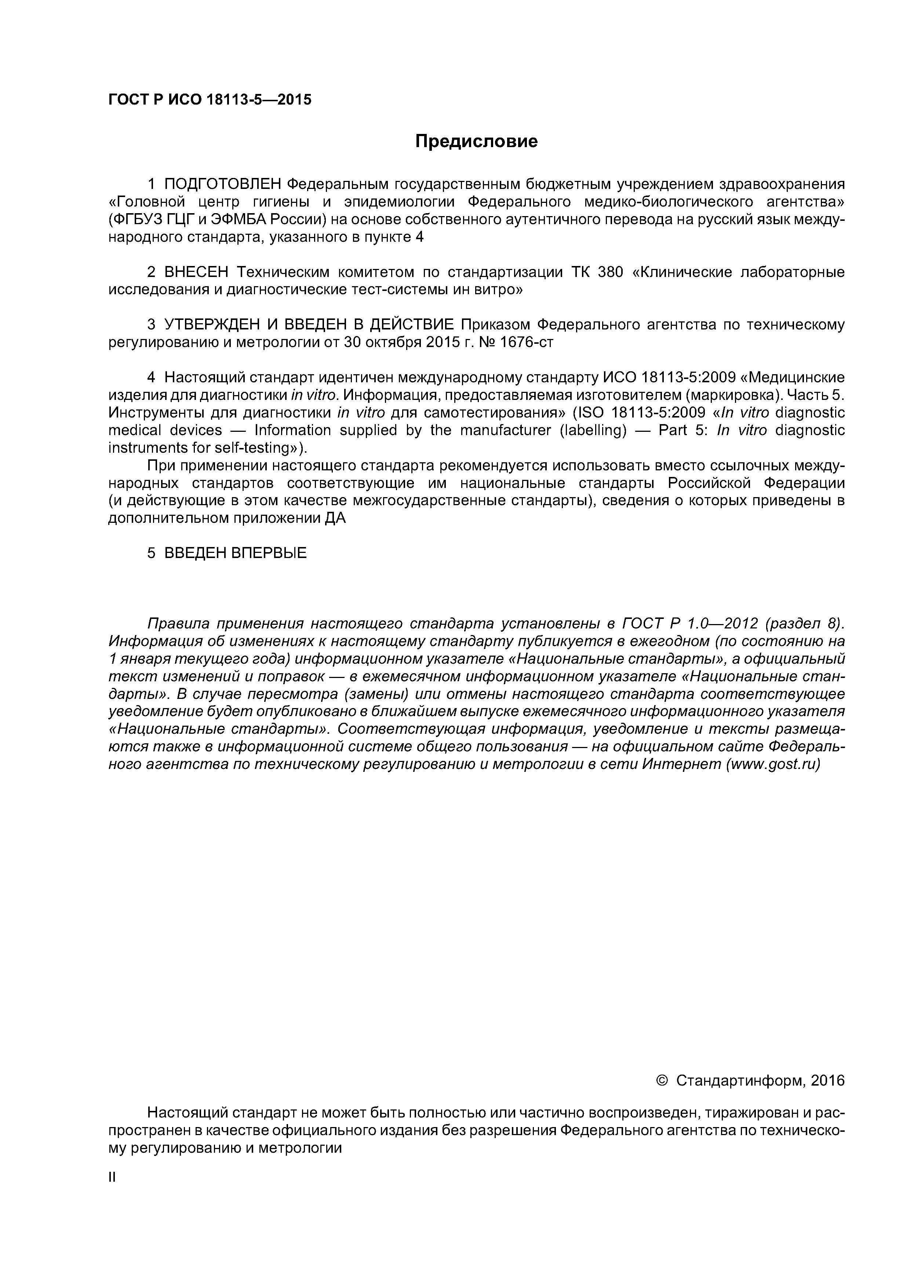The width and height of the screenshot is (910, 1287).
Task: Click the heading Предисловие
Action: [x=476, y=141]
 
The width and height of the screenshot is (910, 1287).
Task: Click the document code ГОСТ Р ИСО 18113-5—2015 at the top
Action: [x=210, y=100]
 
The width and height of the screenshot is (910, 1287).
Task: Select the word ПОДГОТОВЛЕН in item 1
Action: [x=223, y=184]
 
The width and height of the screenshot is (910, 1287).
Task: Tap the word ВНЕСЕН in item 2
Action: [x=197, y=273]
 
